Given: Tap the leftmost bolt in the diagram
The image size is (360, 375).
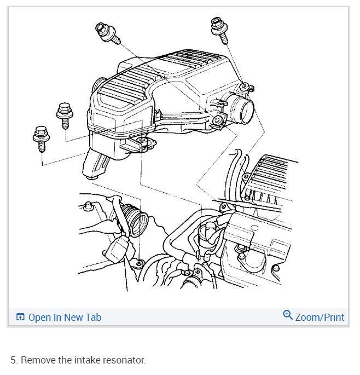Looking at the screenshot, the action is [42, 139].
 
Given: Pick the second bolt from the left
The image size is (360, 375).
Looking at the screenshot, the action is [64, 114].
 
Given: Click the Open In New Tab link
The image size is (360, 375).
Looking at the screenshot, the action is [65, 318].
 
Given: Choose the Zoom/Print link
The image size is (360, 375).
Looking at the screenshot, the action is [320, 318].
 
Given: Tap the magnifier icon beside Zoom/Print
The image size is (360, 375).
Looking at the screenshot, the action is [288, 315].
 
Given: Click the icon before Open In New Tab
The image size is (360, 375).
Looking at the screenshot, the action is [20, 318].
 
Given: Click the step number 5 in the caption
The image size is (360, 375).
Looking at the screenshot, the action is [13, 360].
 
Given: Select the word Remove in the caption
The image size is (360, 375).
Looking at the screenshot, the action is [37, 360].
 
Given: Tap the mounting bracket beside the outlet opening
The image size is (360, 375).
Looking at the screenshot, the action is [218, 121].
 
